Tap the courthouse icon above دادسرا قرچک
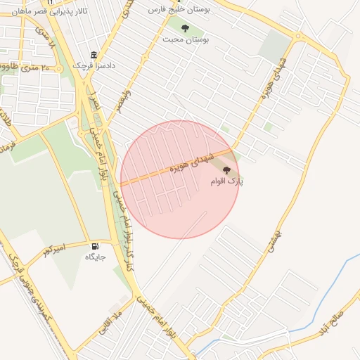tap(94, 56)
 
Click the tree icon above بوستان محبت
tap(185, 29)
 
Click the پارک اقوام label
tap(226, 181)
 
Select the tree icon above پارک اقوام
tap(226, 171)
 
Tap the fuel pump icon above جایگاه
tap(95, 246)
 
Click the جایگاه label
tap(95, 257)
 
